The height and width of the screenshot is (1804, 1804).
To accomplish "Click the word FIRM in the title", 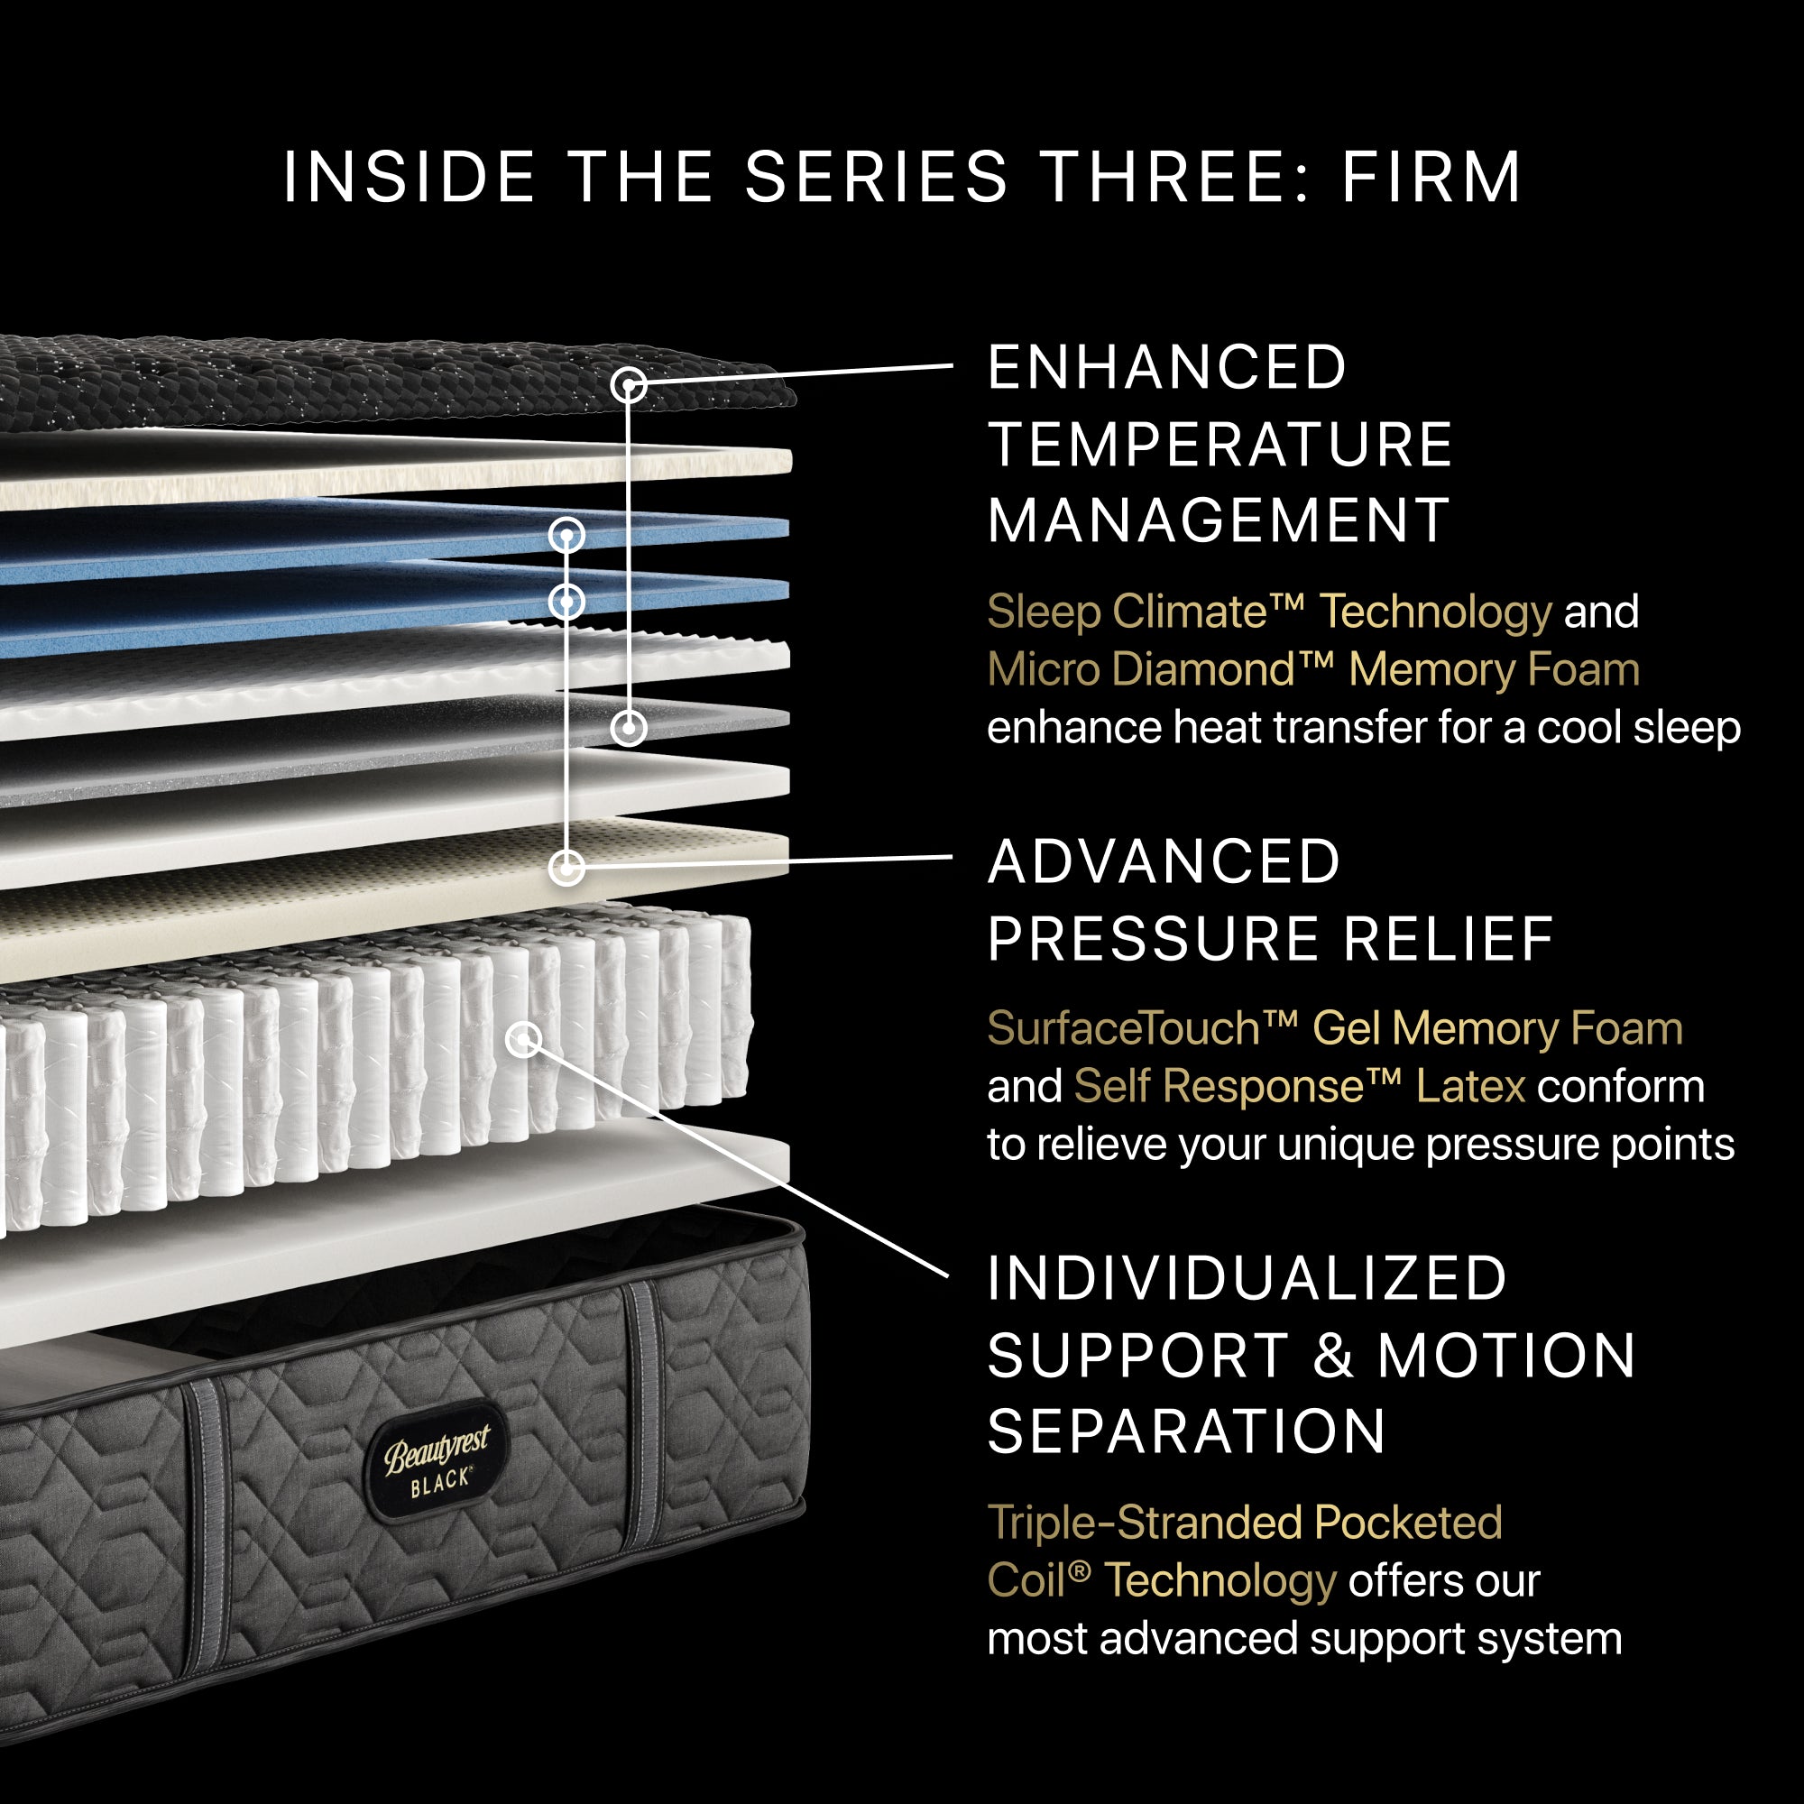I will pos(1431,178).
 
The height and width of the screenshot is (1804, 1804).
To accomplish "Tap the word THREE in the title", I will pos(1164,178).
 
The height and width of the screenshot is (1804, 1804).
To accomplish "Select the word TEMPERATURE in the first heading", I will pos(1220,445).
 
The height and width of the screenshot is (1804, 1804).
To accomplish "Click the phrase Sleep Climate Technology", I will pos(1268,612).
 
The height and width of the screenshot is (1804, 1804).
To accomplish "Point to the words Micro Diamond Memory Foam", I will pos(1312,670).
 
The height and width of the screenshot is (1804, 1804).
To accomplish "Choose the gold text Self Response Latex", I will pos(1299,1087).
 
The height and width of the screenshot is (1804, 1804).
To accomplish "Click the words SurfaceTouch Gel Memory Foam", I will pos(1333,1029).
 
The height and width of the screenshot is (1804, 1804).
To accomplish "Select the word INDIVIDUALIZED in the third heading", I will pos(1247,1278).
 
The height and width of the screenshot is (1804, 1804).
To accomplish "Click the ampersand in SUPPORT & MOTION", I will pos(1333,1356).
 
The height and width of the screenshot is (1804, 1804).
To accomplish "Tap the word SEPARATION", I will pos(1186,1432).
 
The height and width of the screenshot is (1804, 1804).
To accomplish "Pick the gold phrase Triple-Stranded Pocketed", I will pos(1244,1523).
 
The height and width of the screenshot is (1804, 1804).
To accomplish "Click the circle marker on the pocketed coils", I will pos(524,1039).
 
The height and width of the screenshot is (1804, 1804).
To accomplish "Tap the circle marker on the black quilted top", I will pos(630,385).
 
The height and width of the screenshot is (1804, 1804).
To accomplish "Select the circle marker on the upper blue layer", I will pos(566,535).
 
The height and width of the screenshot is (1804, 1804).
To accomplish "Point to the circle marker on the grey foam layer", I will pos(630,727).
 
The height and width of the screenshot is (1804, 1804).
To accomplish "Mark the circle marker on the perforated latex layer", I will pos(566,869).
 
